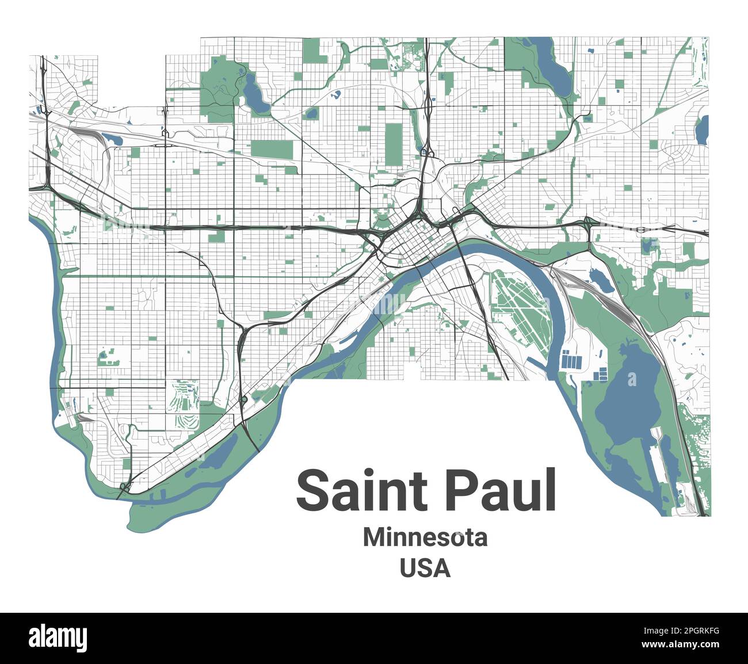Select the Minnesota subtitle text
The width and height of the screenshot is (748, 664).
[x=425, y=538]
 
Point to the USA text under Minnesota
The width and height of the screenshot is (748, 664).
[x=425, y=568]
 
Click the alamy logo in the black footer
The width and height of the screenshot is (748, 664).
[x=58, y=638]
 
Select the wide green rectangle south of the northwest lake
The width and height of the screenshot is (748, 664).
[x=272, y=150]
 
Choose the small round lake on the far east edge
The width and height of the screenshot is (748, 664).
[x=702, y=130]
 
